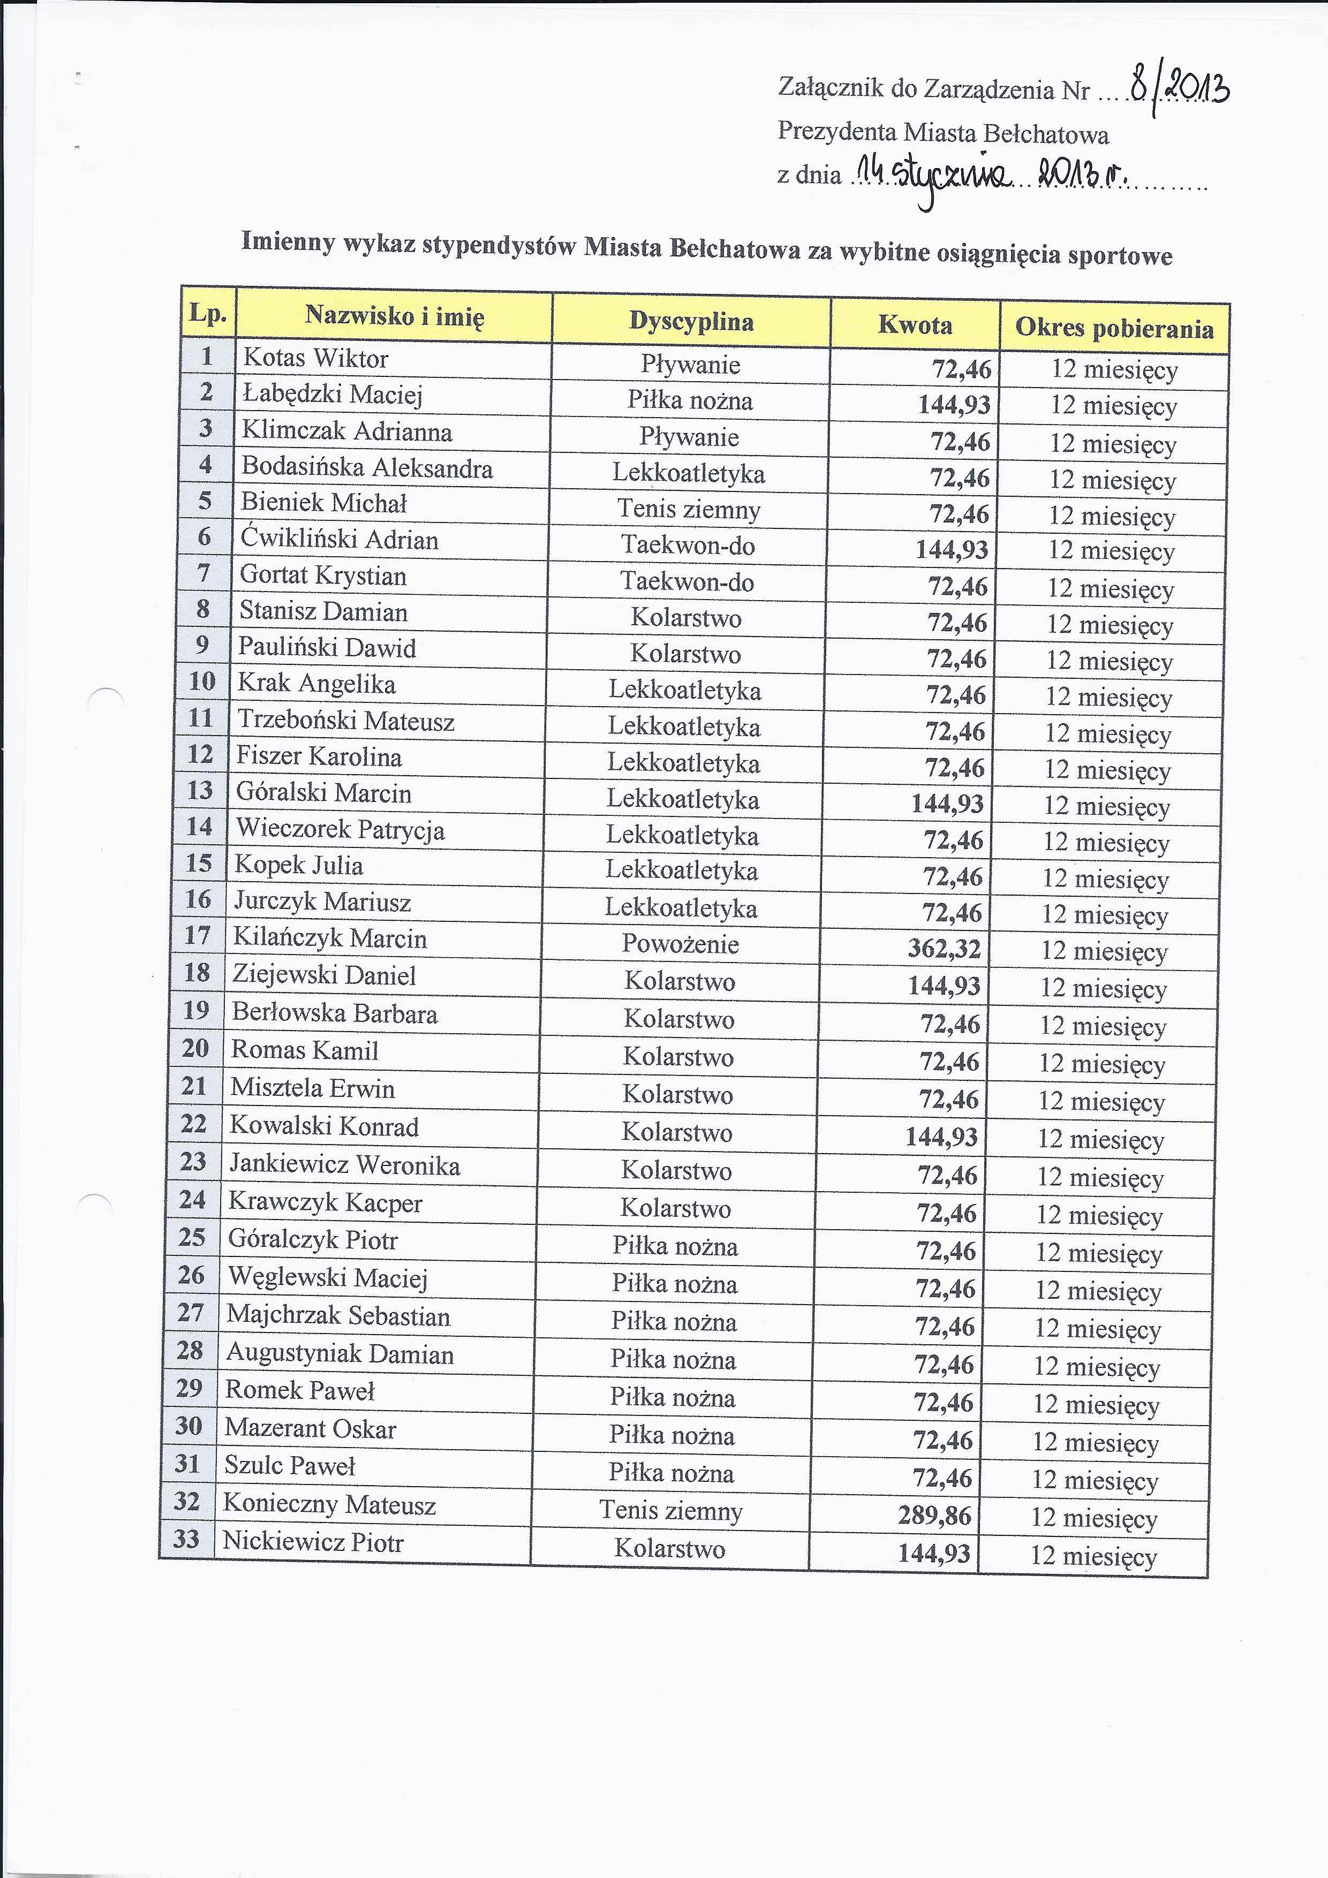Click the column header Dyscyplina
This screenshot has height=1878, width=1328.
(691, 321)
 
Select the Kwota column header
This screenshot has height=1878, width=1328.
(915, 325)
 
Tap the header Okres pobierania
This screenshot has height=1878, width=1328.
(1114, 328)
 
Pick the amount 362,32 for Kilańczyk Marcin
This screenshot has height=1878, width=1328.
(944, 949)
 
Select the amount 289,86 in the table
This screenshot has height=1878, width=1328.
(934, 1516)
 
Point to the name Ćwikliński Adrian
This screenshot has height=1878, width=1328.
(339, 539)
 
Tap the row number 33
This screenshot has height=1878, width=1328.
(186, 1539)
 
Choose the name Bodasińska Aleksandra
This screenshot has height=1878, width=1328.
(367, 468)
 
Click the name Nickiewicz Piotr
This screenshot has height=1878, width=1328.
(313, 1543)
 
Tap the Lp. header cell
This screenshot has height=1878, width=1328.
(208, 313)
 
